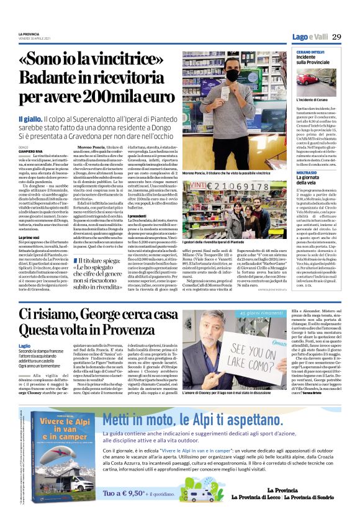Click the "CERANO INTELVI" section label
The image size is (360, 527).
312,50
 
